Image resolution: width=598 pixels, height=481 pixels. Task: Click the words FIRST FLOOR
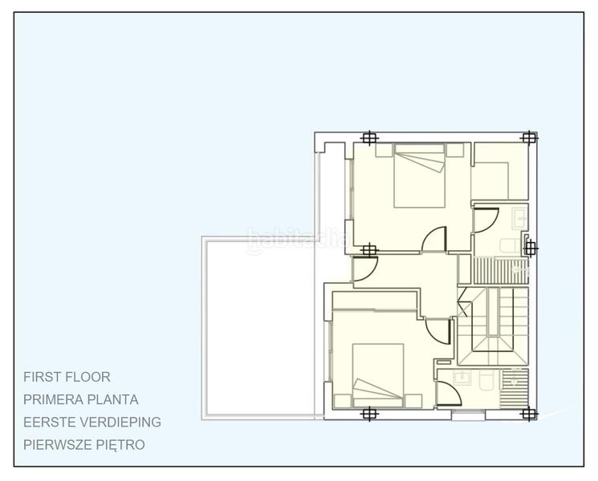click(67, 376)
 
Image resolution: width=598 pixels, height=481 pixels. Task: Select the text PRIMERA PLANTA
click(81, 398)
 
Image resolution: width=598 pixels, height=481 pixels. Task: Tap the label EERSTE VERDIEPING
click(92, 421)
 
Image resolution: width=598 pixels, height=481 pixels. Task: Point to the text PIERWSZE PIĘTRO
click(84, 443)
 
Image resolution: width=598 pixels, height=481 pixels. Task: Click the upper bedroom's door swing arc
click(435, 237)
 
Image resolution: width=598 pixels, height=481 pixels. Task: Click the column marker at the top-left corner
click(368, 138)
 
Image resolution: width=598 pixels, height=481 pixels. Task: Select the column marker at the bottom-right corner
click(528, 414)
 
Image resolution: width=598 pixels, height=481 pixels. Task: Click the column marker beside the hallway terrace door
click(368, 250)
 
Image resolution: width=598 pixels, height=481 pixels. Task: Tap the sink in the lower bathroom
click(462, 377)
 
